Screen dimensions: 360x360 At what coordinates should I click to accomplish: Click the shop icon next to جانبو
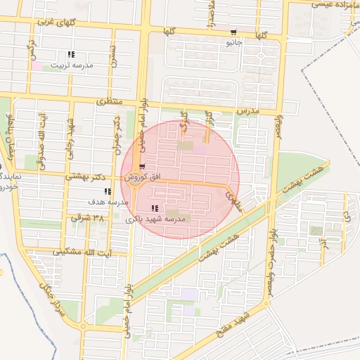click(233, 32)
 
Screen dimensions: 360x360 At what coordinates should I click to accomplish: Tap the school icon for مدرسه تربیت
click(71, 55)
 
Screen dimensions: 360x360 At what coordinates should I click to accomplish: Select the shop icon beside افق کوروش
click(143, 167)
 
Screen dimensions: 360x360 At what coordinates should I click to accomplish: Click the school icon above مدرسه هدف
click(107, 191)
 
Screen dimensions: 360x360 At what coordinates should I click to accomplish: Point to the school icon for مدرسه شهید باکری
click(155, 208)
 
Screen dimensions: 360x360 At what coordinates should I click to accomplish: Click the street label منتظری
click(108, 103)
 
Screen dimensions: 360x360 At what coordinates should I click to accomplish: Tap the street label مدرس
click(247, 111)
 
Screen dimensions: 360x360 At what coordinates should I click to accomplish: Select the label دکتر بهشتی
click(84, 176)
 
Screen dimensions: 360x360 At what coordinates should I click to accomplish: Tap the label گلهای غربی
click(54, 22)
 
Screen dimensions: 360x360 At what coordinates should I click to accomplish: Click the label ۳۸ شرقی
click(86, 219)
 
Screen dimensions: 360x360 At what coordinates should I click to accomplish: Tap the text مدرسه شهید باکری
click(156, 219)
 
